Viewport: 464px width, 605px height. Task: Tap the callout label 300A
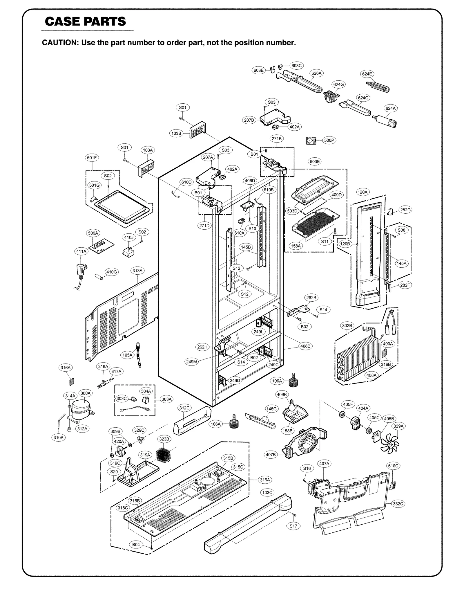point(86,393)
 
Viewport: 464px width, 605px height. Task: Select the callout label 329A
point(398,426)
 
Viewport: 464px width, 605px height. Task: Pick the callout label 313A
point(137,271)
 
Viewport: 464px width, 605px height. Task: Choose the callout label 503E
point(315,161)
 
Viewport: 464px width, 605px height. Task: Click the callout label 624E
point(367,74)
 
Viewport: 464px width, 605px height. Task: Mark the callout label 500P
point(329,141)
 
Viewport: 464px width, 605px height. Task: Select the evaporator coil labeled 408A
point(358,359)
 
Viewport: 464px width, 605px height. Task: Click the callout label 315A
point(265,480)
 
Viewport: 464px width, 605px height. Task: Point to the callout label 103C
point(267,492)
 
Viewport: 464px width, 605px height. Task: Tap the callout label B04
point(136,545)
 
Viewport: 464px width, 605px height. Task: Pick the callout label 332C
point(398,504)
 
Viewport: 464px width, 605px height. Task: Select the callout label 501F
point(92,158)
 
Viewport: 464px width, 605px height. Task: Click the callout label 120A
point(362,192)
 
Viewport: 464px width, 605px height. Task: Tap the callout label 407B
point(271,455)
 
